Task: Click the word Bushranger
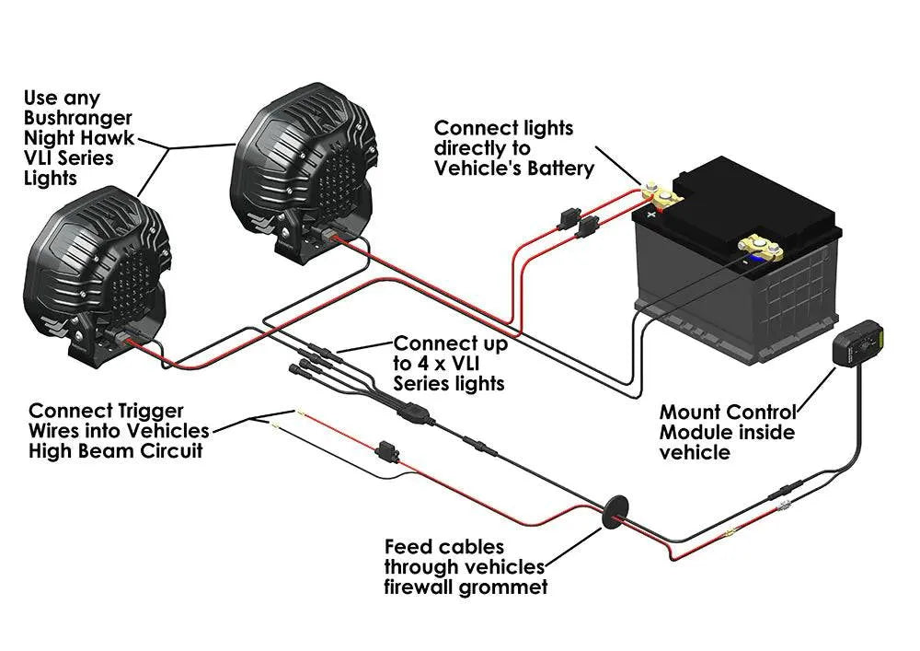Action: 78,118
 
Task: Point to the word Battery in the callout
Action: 555,168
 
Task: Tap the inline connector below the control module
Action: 788,488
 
